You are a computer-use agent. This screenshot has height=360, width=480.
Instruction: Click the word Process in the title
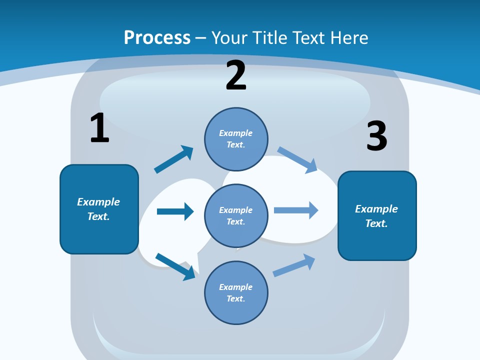click(x=157, y=37)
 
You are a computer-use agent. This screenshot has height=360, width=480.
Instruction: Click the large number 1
click(x=99, y=128)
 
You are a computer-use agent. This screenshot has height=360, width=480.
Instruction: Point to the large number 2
click(x=236, y=76)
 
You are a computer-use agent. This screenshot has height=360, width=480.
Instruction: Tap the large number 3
click(x=377, y=136)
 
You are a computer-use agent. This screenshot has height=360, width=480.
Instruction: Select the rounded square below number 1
click(x=99, y=209)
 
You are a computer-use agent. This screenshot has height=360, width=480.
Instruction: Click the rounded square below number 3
click(x=377, y=215)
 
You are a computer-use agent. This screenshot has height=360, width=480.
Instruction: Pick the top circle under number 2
click(x=236, y=139)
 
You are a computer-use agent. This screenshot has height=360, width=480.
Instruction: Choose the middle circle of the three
click(x=236, y=215)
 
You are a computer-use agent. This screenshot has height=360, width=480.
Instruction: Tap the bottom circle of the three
click(x=236, y=292)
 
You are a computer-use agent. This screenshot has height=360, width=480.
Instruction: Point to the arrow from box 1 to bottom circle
click(x=175, y=267)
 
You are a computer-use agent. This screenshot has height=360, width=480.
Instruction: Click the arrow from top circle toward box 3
click(x=297, y=159)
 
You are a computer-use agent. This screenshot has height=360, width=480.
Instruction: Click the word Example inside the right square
click(x=376, y=209)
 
